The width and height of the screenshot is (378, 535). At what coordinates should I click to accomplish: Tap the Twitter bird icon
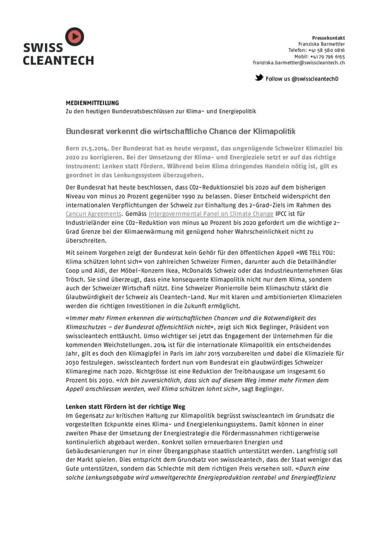(x=258, y=78)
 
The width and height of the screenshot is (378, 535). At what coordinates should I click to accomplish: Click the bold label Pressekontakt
(x=328, y=38)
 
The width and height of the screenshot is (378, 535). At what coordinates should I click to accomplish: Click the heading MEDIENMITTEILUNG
(x=92, y=103)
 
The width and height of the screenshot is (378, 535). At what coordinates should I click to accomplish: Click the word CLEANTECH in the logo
(x=58, y=60)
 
